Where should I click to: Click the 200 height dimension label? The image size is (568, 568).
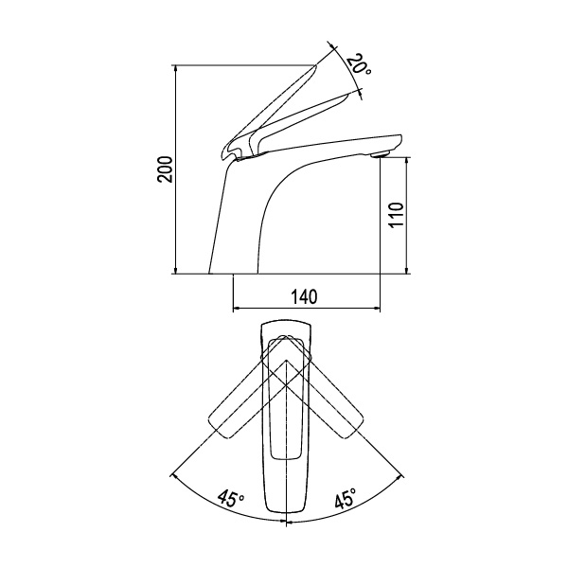[166, 169]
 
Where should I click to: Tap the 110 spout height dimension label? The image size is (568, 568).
[397, 215]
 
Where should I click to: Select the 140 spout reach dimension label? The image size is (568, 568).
[304, 296]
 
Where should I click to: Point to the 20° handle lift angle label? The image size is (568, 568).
[358, 64]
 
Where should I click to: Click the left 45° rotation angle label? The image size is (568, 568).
[231, 499]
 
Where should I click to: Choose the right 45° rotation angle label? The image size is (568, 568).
[346, 498]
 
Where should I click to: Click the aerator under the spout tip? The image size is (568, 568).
[380, 155]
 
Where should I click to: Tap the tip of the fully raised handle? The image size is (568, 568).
[316, 65]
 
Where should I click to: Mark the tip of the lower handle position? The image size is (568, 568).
[348, 94]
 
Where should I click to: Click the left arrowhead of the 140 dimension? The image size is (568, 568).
[235, 309]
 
